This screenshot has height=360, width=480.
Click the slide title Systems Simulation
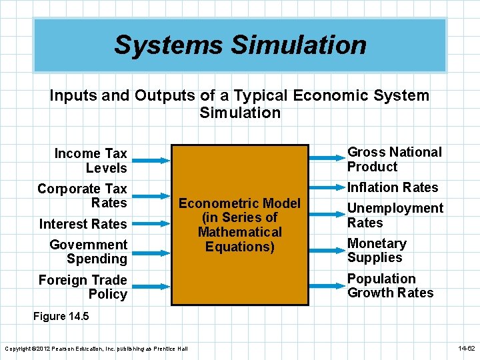tap(240, 45)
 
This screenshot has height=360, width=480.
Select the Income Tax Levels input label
tap(91, 161)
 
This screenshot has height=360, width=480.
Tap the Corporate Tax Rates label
tap(83, 196)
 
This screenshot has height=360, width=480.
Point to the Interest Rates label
tap(83, 224)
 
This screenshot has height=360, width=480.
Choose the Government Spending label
tap(89, 252)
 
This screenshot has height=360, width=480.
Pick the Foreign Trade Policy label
tap(83, 287)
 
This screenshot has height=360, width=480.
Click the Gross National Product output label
tap(394, 159)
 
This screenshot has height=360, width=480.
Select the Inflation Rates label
tap(393, 188)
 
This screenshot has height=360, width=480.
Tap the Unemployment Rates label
tap(395, 215)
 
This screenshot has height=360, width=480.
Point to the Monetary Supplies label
tap(377, 251)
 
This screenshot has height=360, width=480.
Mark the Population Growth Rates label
tap(390, 286)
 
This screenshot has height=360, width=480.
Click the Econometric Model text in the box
tap(240, 225)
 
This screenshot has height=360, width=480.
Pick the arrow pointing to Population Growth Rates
tap(327, 285)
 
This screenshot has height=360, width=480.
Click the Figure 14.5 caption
tap(59, 317)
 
